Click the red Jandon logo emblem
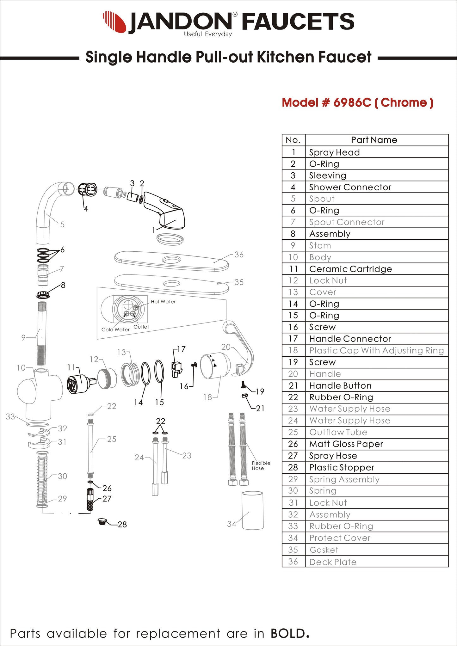click(x=115, y=21)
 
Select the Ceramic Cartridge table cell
click(x=350, y=269)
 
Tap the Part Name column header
click(x=374, y=140)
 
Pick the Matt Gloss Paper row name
click(x=346, y=444)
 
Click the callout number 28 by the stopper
click(x=122, y=525)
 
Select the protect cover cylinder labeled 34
click(x=253, y=510)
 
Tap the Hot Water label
click(x=163, y=302)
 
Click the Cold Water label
click(x=115, y=329)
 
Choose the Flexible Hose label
click(x=261, y=465)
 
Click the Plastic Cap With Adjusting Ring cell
click(x=376, y=350)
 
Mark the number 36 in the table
click(x=293, y=562)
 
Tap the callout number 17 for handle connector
click(x=181, y=349)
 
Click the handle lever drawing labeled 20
click(x=242, y=348)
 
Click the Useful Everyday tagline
click(x=208, y=34)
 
